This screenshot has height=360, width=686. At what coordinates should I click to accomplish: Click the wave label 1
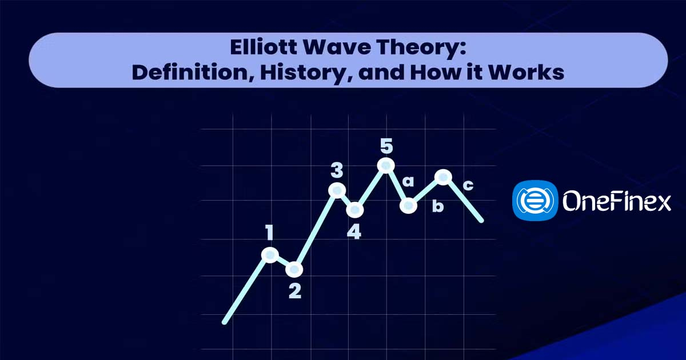[269, 233]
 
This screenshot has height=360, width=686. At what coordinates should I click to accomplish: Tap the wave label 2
[295, 291]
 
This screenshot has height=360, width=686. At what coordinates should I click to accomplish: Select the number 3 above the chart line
[337, 170]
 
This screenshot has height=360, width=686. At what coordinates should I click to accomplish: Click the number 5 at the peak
[386, 146]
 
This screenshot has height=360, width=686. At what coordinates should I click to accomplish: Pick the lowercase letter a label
[408, 182]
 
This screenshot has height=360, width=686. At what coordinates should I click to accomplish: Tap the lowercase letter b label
[438, 206]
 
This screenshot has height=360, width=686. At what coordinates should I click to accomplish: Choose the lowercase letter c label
[468, 185]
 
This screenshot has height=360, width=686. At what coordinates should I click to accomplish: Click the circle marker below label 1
[270, 255]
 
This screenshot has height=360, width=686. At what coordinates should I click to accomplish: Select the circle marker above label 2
[294, 269]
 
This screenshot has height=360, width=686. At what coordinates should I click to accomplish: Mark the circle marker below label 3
[337, 191]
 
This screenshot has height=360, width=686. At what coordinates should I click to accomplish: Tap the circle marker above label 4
[355, 210]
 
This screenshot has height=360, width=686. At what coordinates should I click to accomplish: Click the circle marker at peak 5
[386, 166]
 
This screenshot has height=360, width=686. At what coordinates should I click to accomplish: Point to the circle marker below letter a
[408, 205]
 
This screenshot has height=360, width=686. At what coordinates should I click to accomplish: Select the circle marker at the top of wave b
[443, 177]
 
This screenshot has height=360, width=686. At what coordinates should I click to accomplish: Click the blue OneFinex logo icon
[535, 201]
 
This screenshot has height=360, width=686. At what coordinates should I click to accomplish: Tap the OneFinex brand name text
[617, 201]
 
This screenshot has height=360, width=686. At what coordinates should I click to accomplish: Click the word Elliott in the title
[264, 47]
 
